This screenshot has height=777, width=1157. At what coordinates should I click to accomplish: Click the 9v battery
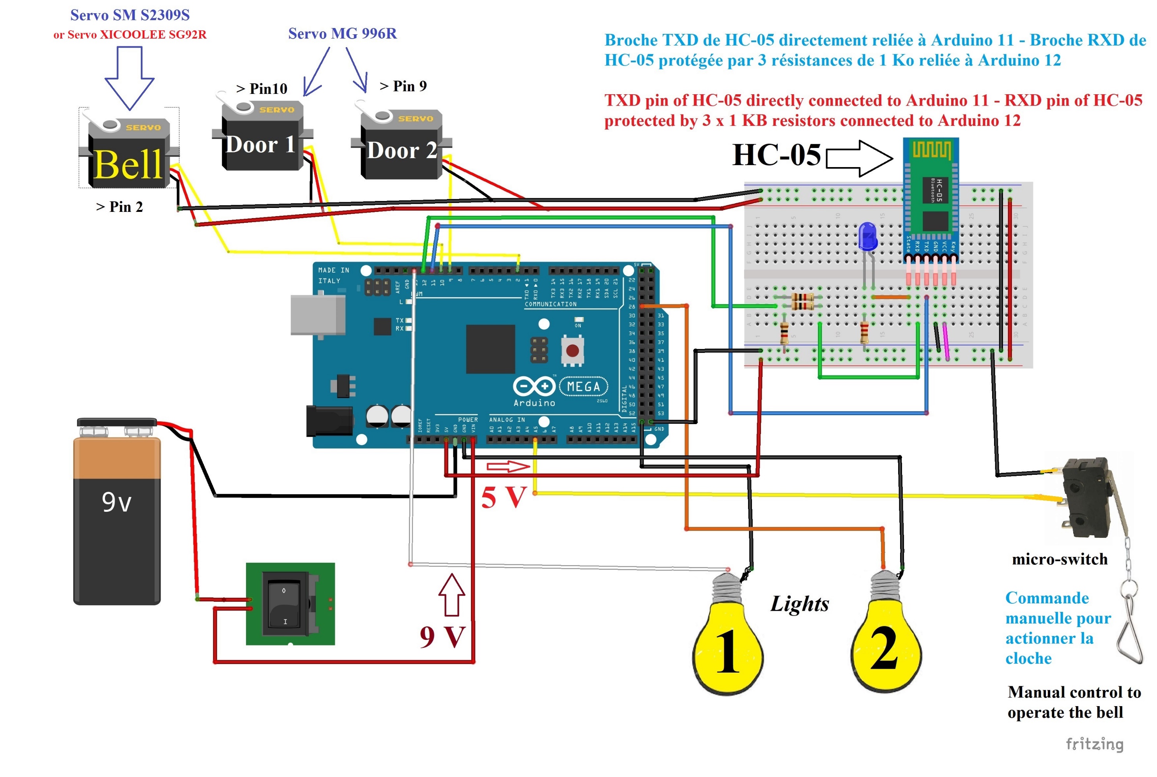(117, 515)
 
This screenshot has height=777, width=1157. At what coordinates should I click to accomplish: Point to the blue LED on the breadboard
(867, 237)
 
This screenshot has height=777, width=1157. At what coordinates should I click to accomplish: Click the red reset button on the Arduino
(572, 351)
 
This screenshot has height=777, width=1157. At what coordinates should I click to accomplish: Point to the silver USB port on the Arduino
(317, 315)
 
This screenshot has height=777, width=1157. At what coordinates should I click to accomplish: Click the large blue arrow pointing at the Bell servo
(129, 77)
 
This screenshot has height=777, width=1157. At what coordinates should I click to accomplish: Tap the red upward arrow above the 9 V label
(452, 595)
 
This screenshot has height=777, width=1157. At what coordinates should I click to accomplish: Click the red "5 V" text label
(503, 497)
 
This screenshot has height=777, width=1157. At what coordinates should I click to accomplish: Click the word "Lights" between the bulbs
(800, 604)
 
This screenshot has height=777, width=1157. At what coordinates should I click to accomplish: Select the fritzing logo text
(1095, 744)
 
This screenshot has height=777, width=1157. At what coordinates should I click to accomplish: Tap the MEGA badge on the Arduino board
(583, 386)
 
